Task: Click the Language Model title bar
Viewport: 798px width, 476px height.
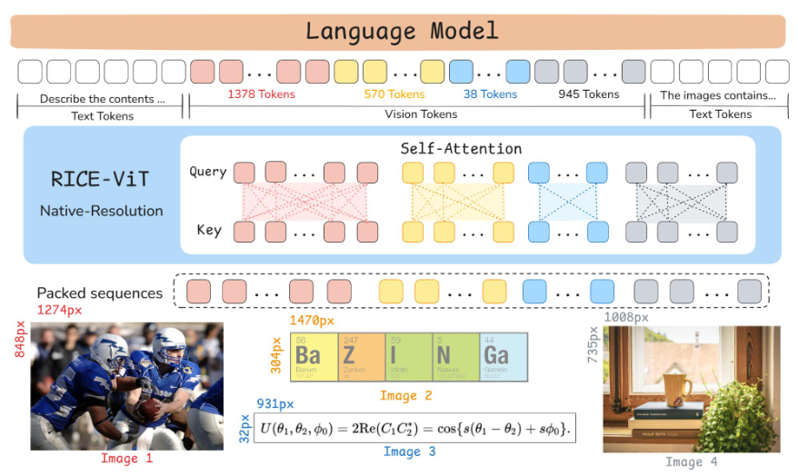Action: [400, 31]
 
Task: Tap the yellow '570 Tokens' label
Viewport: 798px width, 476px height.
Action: [394, 94]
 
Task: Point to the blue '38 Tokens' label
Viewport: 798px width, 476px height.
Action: [490, 94]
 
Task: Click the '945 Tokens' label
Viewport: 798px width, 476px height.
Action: [588, 94]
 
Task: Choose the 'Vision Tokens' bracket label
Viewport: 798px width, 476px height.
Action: [420, 114]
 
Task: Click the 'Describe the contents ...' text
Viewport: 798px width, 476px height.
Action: [102, 98]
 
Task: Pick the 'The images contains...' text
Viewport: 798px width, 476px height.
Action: [718, 94]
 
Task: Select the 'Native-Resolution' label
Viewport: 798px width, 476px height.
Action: [102, 211]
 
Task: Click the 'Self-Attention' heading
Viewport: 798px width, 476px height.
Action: [461, 148]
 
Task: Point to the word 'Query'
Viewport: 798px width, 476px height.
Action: [207, 172]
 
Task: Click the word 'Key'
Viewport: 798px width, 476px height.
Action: [209, 230]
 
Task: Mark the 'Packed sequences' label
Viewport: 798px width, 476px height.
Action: [100, 293]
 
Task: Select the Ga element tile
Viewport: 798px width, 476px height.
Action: [504, 356]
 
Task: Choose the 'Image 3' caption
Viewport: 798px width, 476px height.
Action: [409, 451]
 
